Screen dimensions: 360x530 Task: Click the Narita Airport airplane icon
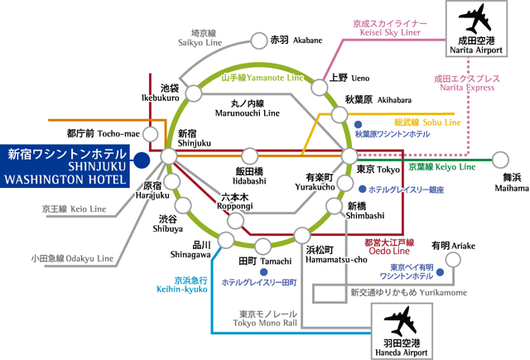(x=474, y=18)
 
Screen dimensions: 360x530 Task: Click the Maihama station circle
(x=500, y=158)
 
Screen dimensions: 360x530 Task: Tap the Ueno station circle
(x=319, y=85)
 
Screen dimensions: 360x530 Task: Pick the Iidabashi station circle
(x=248, y=156)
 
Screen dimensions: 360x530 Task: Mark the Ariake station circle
(x=454, y=260)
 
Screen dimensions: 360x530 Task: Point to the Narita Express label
(x=468, y=84)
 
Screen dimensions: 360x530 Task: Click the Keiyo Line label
(x=441, y=166)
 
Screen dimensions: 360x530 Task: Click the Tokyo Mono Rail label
(x=269, y=319)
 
